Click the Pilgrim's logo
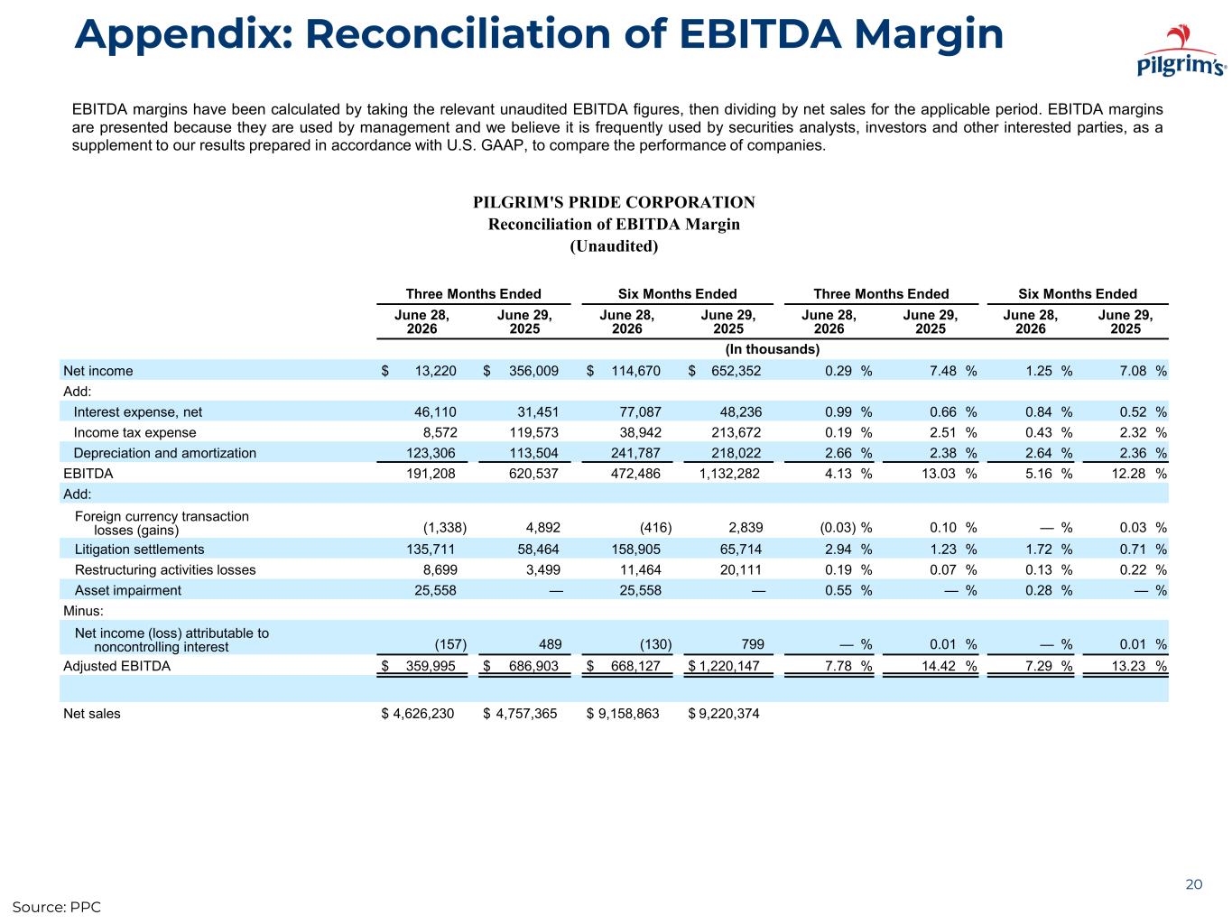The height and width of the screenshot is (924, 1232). point(1180,50)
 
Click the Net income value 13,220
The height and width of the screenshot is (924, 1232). point(435,371)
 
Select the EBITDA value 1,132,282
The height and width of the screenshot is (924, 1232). point(729,474)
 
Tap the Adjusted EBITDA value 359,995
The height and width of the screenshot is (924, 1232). point(430,666)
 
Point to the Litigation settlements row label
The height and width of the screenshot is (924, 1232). point(139,550)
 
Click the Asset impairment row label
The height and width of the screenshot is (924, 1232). point(128,590)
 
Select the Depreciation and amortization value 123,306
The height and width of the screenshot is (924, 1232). point(431,453)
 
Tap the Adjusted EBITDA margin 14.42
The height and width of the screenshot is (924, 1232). point(939,666)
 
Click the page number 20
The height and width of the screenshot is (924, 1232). point(1193,884)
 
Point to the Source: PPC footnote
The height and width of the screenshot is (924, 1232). point(57,907)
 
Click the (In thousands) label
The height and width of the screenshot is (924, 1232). point(773,349)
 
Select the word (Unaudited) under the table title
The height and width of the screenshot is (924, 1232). point(614,245)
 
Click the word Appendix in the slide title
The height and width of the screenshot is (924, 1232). point(183,35)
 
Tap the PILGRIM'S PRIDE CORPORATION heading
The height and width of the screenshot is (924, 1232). point(614,202)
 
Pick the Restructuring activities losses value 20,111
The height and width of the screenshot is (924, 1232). point(740,570)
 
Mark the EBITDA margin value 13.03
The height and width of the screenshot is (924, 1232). point(939,474)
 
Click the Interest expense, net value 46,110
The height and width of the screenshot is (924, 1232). point(435,411)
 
